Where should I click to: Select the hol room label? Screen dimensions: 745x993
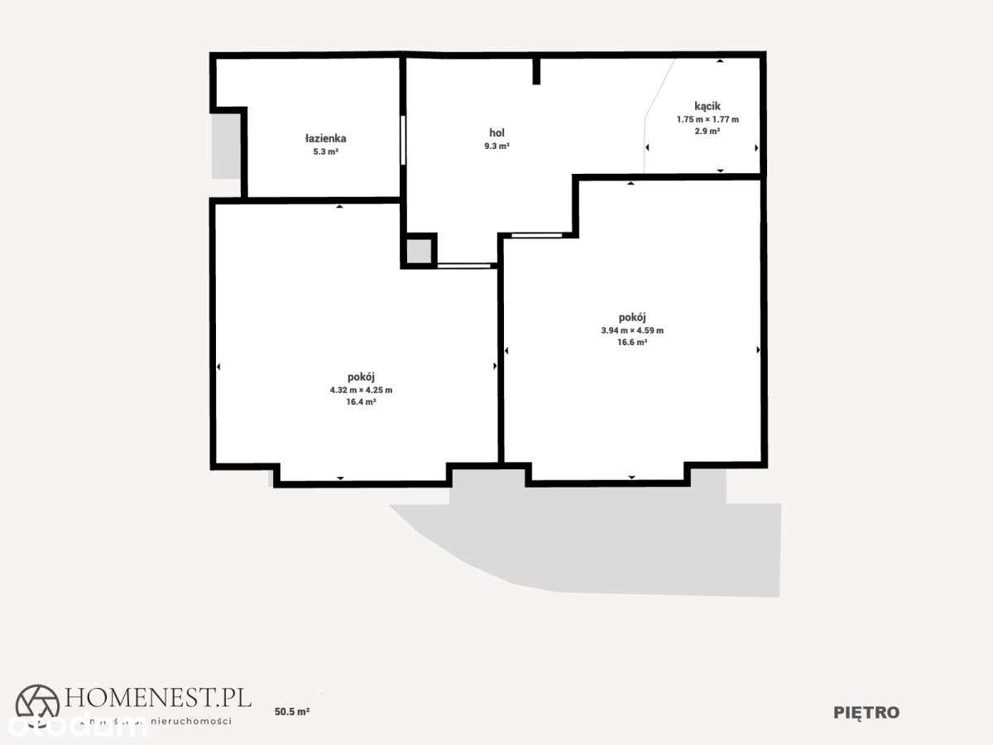496,132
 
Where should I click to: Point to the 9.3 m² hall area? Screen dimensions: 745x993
496,146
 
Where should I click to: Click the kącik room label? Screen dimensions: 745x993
708,106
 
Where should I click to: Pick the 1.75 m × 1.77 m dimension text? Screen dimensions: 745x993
708,119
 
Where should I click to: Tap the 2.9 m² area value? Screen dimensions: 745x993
708,132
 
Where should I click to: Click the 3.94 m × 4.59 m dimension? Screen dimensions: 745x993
632,330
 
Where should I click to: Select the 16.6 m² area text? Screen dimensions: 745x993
632,342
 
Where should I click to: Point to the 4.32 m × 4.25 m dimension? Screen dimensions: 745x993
361,390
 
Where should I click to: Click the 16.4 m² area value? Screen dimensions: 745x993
361,401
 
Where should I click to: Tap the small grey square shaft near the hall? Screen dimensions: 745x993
420,251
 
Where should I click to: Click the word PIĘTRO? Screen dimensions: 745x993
866,713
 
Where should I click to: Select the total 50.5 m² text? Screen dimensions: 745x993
292,711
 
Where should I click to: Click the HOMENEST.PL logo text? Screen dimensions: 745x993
157,698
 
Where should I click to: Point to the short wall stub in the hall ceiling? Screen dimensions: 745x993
536,70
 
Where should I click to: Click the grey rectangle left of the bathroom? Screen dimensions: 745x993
225,146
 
